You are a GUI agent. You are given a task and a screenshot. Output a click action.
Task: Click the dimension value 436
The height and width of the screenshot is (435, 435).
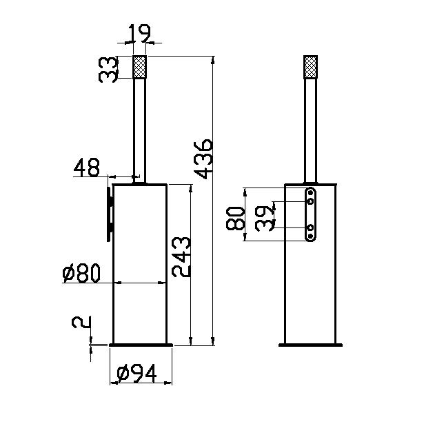pyautogui.click(x=204, y=159)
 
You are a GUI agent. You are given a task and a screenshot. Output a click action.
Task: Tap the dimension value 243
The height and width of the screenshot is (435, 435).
pyautogui.click(x=181, y=257)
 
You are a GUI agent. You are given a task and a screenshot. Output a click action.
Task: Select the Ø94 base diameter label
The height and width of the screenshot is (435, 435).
pyautogui.click(x=136, y=373)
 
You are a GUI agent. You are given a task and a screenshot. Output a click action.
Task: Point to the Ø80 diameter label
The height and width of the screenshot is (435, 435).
pyautogui.click(x=81, y=273)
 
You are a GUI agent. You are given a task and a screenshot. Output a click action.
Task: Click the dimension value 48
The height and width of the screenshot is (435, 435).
pyautogui.click(x=87, y=168)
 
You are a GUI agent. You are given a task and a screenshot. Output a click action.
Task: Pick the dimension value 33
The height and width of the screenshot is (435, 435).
pyautogui.click(x=108, y=70)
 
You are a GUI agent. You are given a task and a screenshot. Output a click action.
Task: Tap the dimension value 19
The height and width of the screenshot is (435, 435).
pyautogui.click(x=140, y=34)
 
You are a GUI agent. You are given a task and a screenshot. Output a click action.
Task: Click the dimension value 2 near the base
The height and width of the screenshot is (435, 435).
pyautogui.click(x=81, y=323)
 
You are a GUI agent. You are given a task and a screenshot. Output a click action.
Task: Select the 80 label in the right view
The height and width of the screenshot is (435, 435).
pyautogui.click(x=236, y=219)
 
